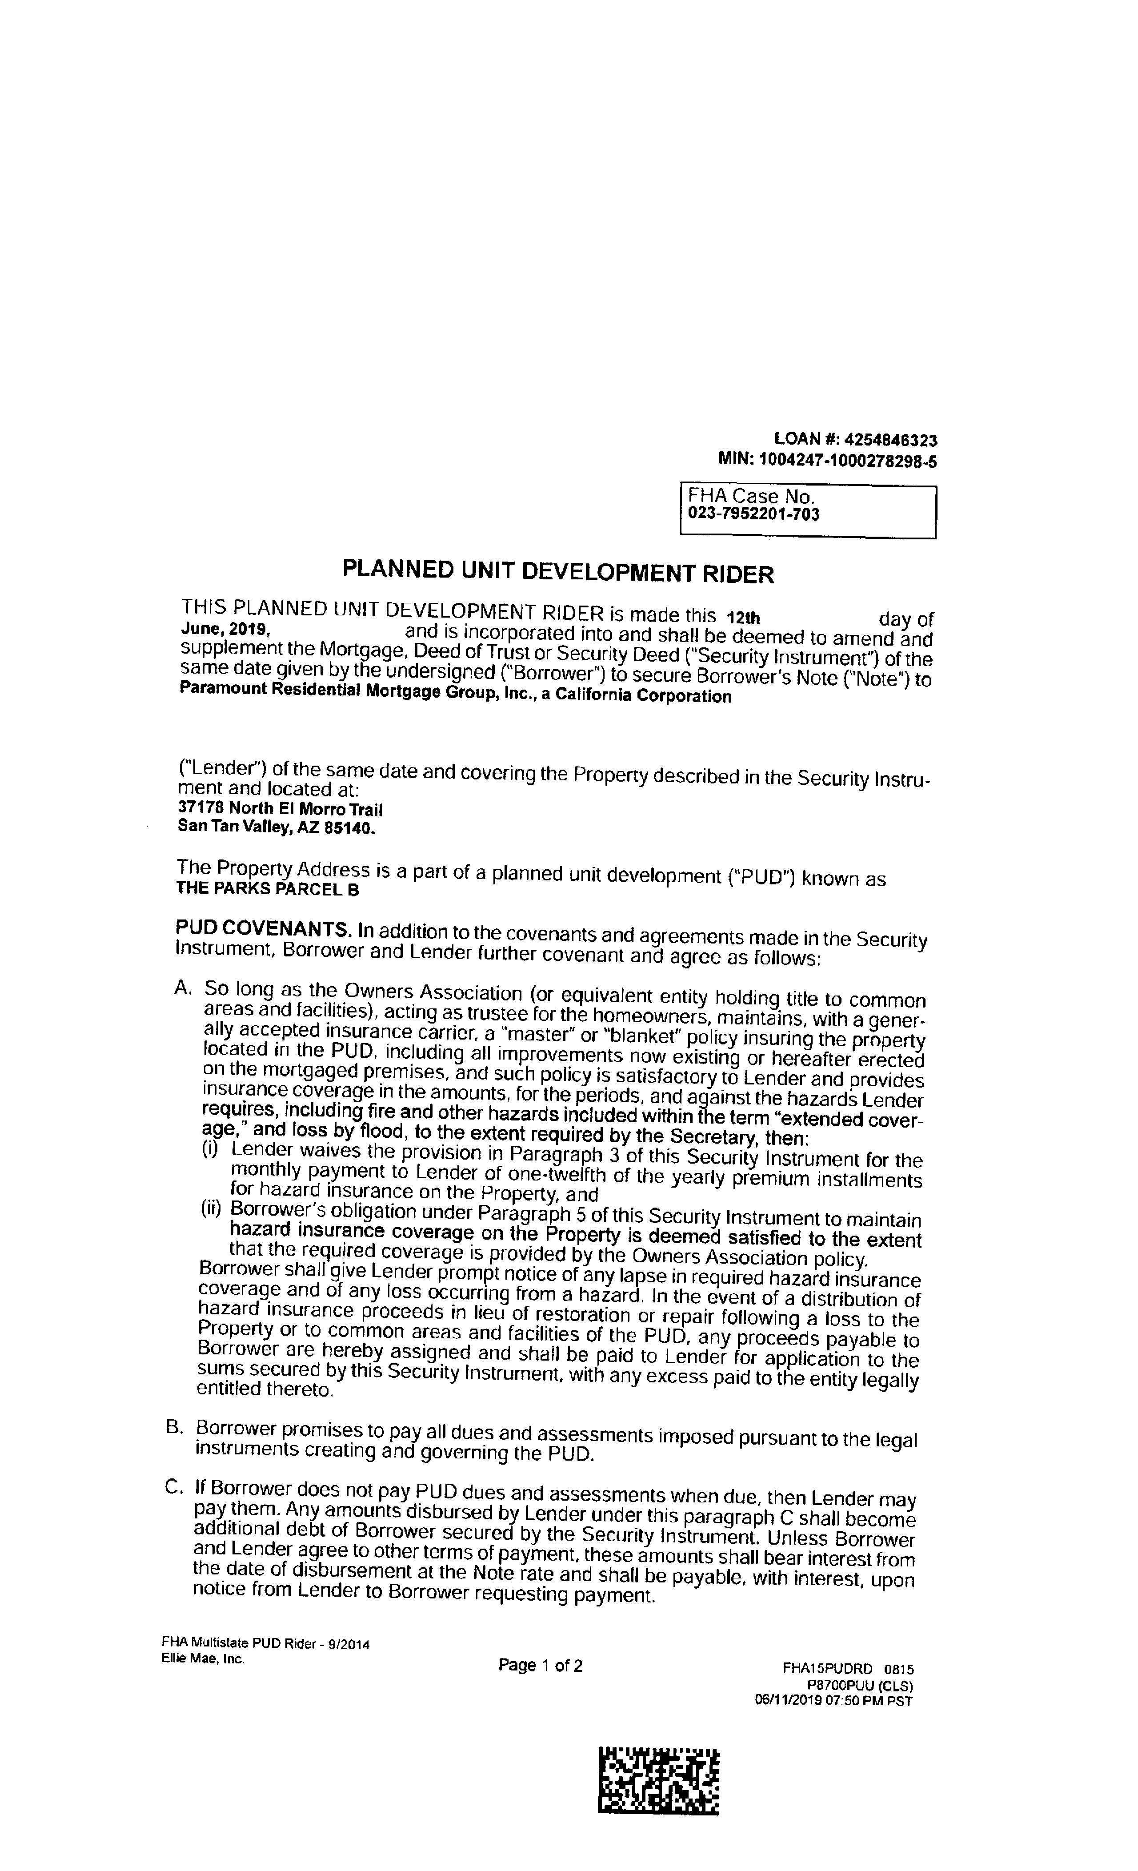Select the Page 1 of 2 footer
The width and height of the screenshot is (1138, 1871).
tap(540, 1666)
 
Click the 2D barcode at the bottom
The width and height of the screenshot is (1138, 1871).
tap(658, 1780)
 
